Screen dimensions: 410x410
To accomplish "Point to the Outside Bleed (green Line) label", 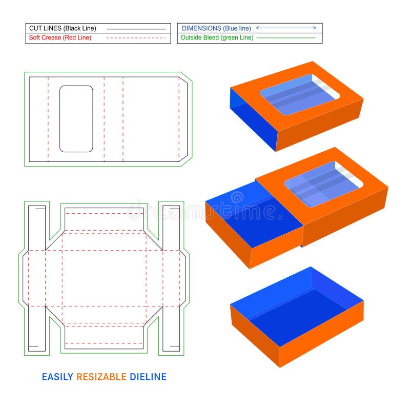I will pyautogui.click(x=217, y=38).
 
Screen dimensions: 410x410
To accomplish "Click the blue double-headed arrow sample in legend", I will pyautogui.click(x=286, y=28).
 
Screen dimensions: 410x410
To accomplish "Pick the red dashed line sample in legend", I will pyautogui.click(x=136, y=38).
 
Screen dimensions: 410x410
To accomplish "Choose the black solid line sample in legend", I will pyautogui.click(x=136, y=29).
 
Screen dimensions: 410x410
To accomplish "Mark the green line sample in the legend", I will pyautogui.click(x=286, y=38).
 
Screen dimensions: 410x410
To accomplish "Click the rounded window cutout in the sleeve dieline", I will pyautogui.click(x=76, y=119).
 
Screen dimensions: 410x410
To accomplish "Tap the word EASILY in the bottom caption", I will pyautogui.click(x=57, y=377).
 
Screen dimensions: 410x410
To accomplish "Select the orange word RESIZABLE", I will pyautogui.click(x=101, y=377).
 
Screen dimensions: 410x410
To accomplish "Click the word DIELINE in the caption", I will pyautogui.click(x=148, y=377).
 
